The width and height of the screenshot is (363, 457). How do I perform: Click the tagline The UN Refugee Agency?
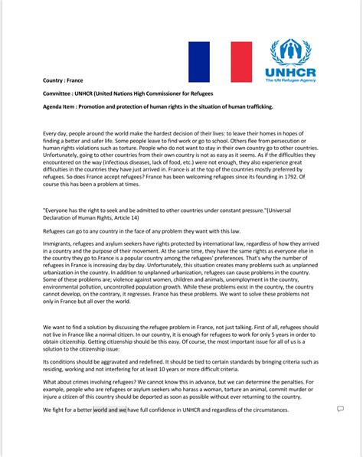pyautogui.click(x=292, y=79)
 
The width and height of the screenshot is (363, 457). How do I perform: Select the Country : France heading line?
pyautogui.click(x=63, y=80)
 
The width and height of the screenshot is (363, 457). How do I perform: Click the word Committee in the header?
pyautogui.click(x=60, y=93)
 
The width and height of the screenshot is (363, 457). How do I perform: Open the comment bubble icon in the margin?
pyautogui.click(x=340, y=410)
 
